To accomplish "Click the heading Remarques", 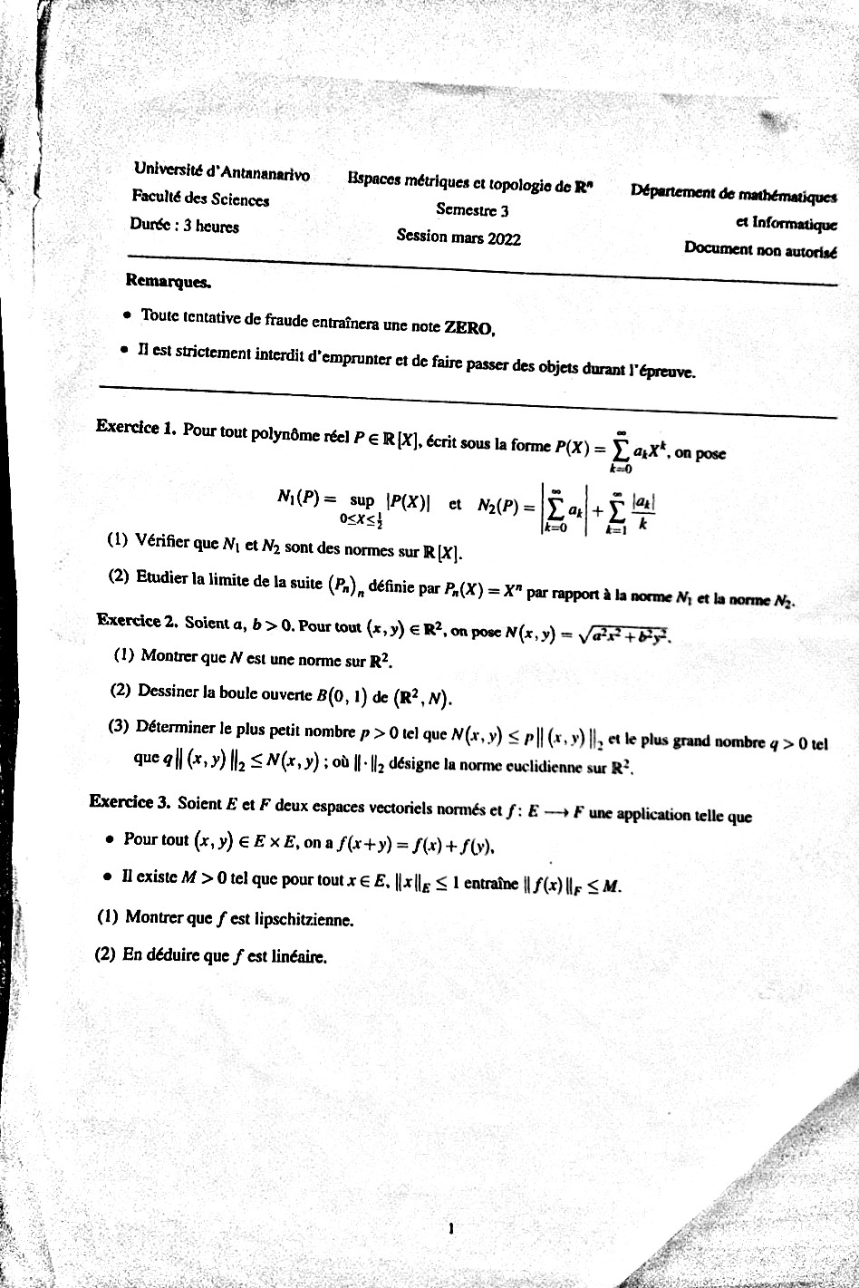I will pos(168,281).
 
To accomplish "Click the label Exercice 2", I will pos(135,621).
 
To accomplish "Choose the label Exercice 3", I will pos(130,801).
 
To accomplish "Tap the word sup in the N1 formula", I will pos(362,499).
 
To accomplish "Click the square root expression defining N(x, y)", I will pos(626,638).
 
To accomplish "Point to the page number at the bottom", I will pos(450,1229).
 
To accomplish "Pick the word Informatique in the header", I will pos(794,225).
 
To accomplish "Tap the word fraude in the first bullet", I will pos(286,320).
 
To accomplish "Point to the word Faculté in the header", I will pos(156,196).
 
